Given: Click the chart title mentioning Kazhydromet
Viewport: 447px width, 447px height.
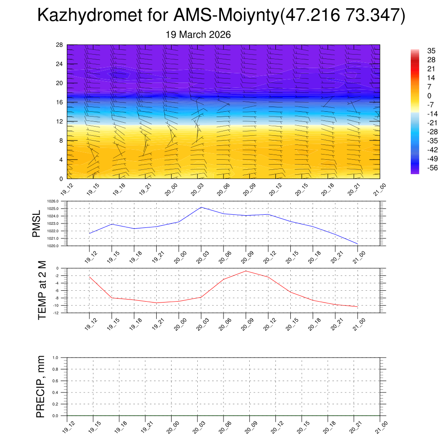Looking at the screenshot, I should (221, 16).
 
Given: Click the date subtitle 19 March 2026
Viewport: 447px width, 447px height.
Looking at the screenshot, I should (198, 34).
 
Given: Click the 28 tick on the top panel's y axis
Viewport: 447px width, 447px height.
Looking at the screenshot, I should (60, 45).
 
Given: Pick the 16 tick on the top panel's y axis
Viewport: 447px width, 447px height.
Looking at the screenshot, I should (60, 102).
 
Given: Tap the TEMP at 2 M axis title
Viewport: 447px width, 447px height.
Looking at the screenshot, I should (42, 290).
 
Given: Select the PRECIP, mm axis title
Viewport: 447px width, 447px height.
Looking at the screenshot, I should (41, 386).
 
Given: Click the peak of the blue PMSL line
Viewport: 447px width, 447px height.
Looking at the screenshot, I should (201, 207).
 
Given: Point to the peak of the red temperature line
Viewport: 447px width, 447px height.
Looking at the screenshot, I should (246, 271).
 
